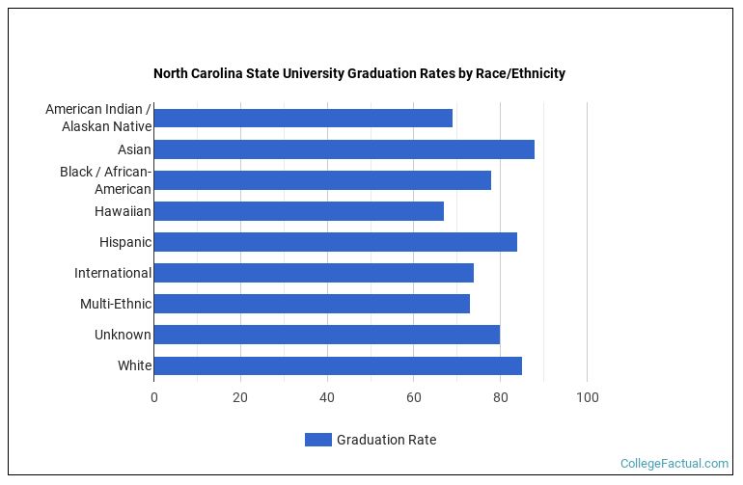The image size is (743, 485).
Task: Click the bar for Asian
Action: coord(344,149)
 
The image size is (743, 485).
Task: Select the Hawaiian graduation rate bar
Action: coord(298,211)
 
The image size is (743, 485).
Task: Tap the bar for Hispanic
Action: coord(335,242)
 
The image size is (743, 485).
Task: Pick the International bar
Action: coord(314,273)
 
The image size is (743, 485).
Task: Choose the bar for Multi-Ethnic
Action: coord(312,304)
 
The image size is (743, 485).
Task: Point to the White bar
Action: coord(338,365)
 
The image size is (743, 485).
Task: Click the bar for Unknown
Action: coord(326,335)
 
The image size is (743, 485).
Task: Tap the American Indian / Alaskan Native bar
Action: coord(303,119)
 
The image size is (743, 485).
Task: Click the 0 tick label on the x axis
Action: coord(153,397)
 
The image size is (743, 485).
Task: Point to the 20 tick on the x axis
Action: coord(240,397)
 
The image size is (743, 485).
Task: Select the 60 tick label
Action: coord(414,397)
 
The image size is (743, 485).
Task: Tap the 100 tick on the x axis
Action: coord(587,397)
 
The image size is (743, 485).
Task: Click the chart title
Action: coord(359,73)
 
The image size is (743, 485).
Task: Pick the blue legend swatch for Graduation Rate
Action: coord(317,440)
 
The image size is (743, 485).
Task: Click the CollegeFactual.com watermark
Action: coord(674,464)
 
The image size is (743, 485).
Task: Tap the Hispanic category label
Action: coord(124,242)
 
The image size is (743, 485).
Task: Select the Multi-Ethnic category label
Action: coord(116,304)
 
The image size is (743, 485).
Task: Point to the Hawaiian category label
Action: coord(123,211)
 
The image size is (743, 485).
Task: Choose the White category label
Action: coord(134,365)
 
